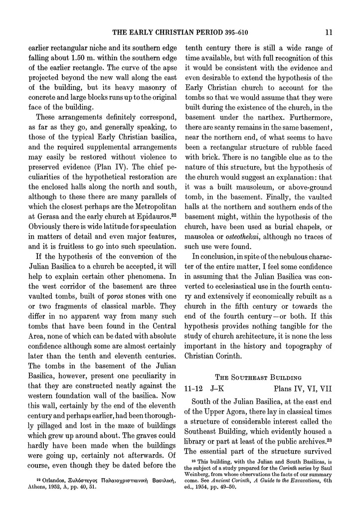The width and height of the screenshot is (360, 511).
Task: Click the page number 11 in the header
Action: pyautogui.click(x=329, y=33)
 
